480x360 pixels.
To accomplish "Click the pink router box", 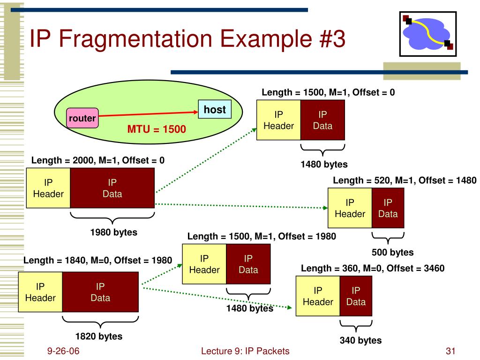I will click(x=82, y=119).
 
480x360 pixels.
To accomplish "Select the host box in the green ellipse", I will click(x=215, y=110).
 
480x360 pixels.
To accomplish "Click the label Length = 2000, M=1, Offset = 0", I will click(x=98, y=160).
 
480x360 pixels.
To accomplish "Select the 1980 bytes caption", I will click(x=113, y=232).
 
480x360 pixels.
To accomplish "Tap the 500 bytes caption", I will click(x=392, y=252).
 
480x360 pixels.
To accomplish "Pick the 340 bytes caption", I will click(x=360, y=340).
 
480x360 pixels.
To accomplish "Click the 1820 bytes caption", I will click(x=99, y=336).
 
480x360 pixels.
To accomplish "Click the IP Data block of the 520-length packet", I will click(x=388, y=208).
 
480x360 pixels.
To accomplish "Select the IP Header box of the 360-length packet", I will click(x=318, y=296).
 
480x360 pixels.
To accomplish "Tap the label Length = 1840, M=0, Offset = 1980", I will click(x=98, y=260).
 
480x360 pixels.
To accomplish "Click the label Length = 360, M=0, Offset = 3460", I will click(x=372, y=268).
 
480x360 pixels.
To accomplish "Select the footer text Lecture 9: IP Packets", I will click(x=245, y=351).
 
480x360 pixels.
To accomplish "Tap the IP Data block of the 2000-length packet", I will click(x=112, y=188).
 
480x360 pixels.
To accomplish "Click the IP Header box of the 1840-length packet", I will click(x=40, y=292).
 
